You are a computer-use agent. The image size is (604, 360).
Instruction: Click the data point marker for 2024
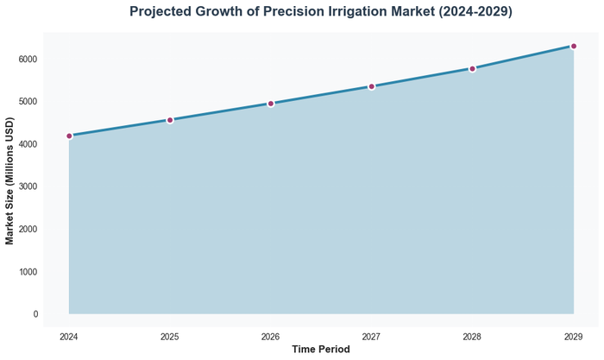[69, 136]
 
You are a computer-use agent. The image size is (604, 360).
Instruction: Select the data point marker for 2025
[170, 120]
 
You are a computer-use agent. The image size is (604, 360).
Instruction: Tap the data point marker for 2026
[271, 104]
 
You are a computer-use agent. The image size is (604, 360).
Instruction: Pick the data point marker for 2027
[372, 86]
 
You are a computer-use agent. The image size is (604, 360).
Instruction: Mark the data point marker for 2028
[473, 68]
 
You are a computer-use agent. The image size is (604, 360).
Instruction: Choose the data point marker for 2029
[574, 46]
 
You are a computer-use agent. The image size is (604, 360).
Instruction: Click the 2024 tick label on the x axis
[69, 336]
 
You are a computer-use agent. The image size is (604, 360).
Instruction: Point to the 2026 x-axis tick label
[271, 336]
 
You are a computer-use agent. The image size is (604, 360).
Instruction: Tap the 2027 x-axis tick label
[372, 336]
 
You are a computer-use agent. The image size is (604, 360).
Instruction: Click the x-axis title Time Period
[321, 350]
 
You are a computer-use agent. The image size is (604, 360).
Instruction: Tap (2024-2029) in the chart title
[474, 12]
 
